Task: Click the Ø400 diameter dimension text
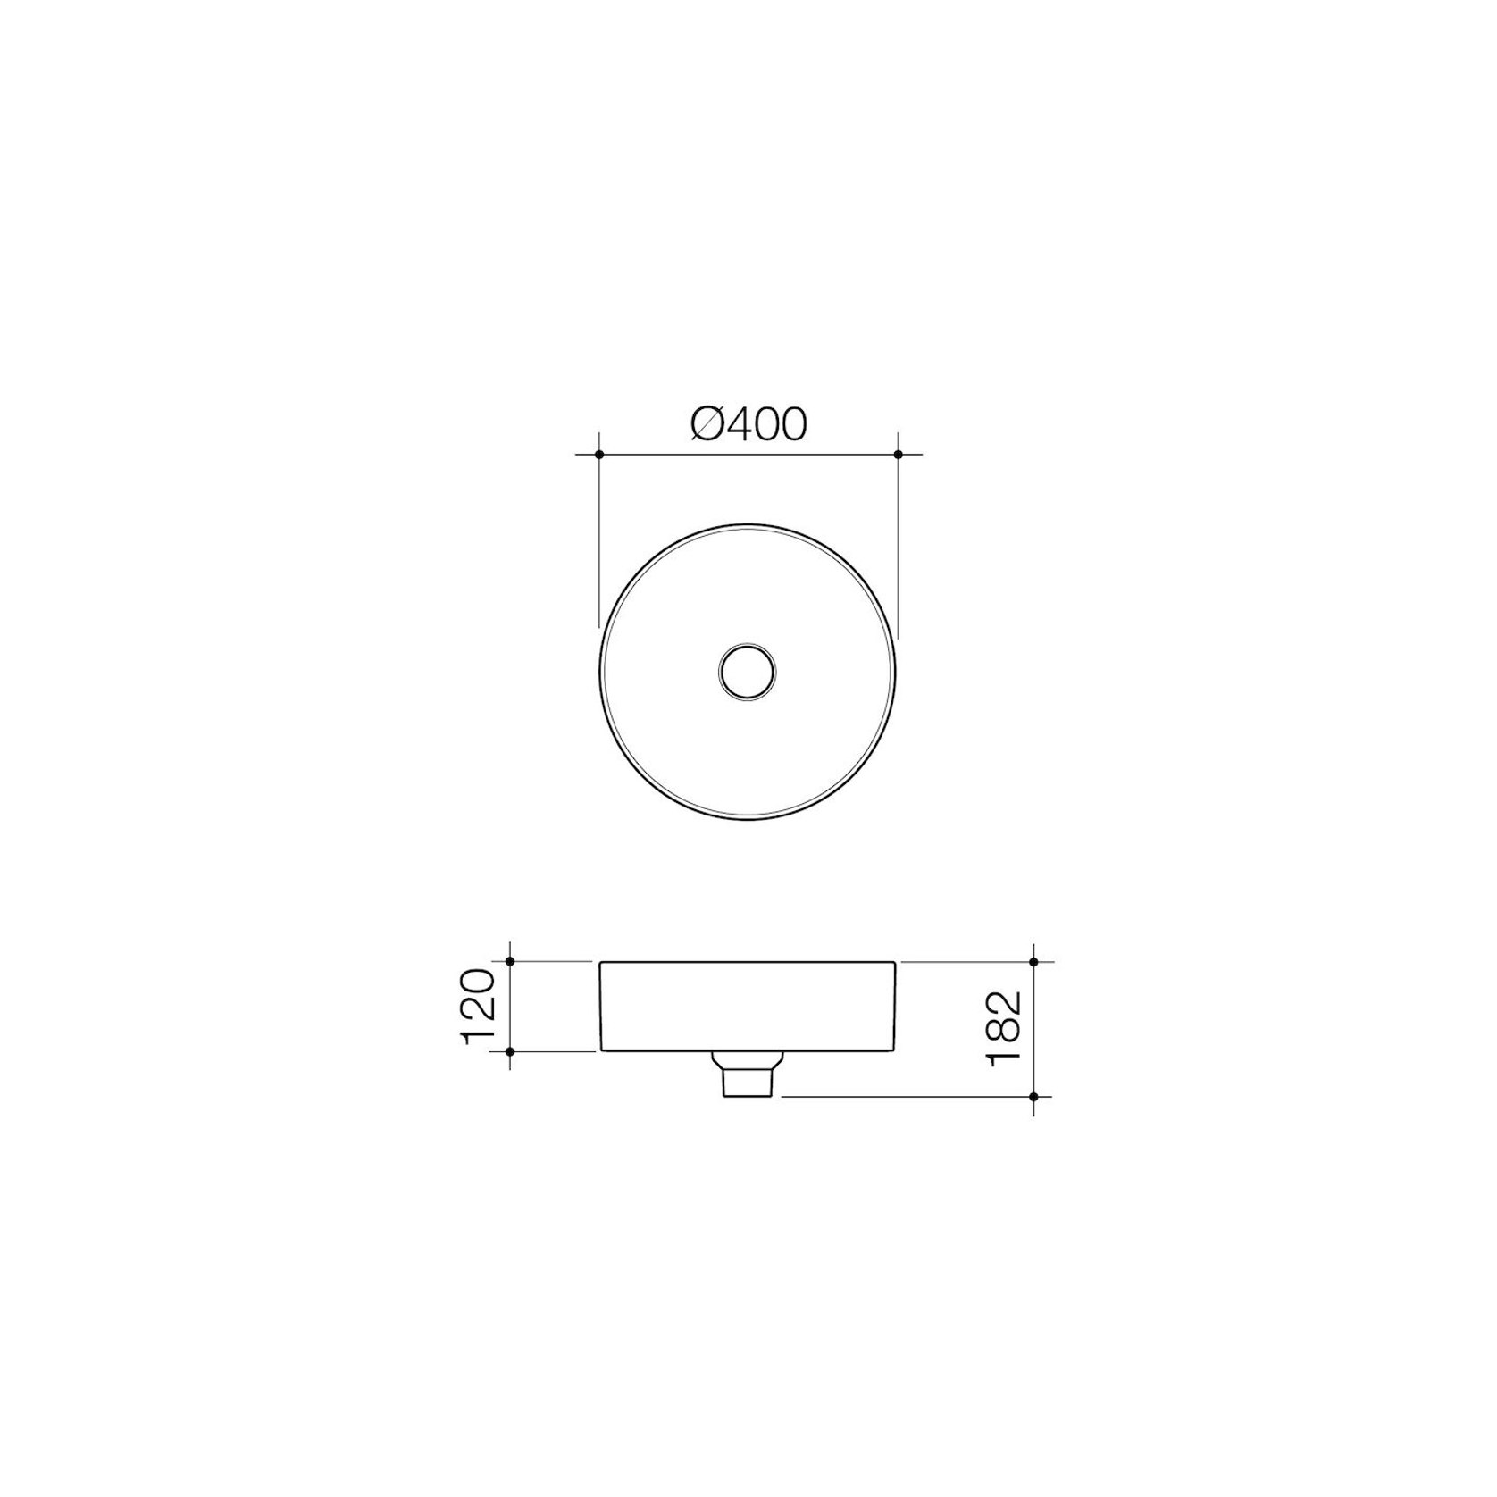click(748, 425)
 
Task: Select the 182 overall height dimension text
click(1004, 1028)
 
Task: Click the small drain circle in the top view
click(748, 671)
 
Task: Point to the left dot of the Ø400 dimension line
click(599, 455)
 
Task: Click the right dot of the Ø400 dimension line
click(898, 455)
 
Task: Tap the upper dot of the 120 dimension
click(509, 961)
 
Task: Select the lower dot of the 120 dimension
click(509, 1051)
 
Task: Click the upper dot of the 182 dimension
click(1033, 961)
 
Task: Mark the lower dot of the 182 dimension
click(1033, 1096)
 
